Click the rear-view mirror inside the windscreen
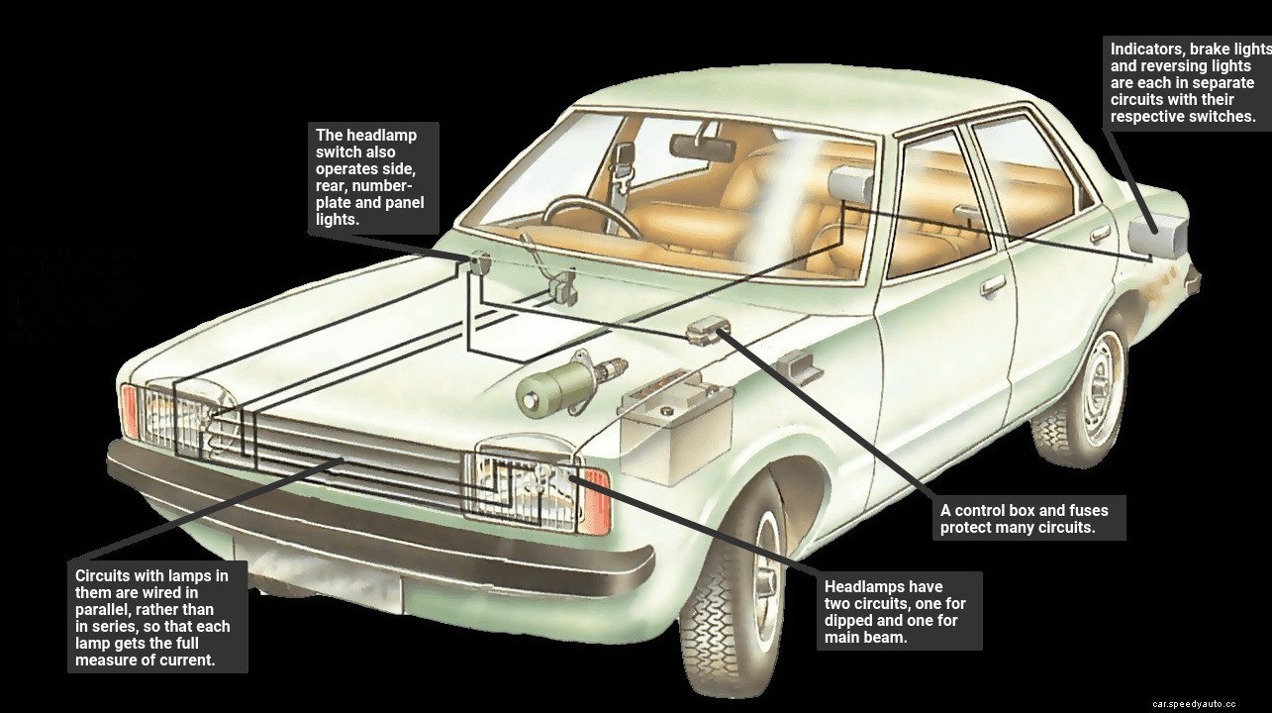(702, 148)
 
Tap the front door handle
(992, 286)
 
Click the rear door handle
(1100, 234)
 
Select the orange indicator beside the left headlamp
(130, 412)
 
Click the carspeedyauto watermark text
(1194, 703)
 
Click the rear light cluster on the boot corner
(1158, 236)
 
